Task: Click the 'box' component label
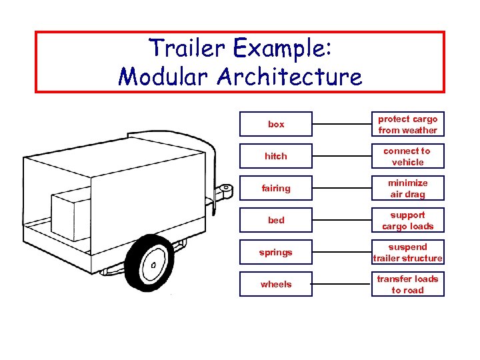[x=276, y=125]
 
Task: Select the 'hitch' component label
[x=276, y=157]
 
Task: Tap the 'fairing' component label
[x=276, y=189]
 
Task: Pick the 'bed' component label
[x=276, y=221]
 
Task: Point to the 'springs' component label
[x=276, y=253]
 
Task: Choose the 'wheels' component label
[x=276, y=285]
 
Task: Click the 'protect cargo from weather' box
[x=407, y=125]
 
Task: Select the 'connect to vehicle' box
[x=407, y=157]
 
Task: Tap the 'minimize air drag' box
[x=407, y=189]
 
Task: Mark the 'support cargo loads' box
[x=407, y=221]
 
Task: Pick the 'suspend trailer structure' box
[x=407, y=253]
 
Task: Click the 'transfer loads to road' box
[x=407, y=285]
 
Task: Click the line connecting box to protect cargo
[x=341, y=125]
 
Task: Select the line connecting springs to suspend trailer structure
[x=341, y=253]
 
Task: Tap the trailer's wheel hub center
[x=153, y=265]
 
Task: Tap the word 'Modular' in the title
[x=164, y=77]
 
